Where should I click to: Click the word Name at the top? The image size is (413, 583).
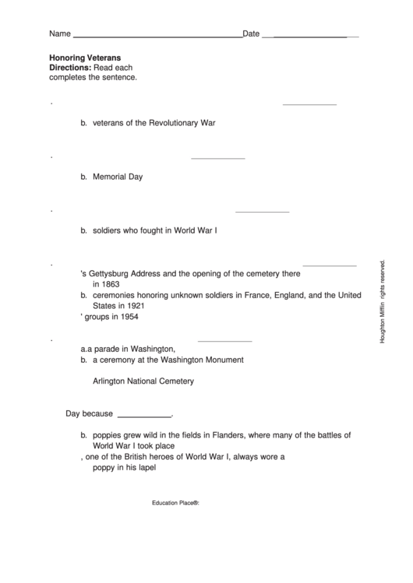coord(59,34)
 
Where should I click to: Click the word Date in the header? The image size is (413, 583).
coord(251,34)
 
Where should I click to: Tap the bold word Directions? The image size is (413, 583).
coord(70,68)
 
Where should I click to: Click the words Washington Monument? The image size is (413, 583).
coord(206,360)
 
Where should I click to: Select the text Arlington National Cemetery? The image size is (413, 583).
coord(143,381)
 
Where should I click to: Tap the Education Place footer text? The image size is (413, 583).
coord(176,504)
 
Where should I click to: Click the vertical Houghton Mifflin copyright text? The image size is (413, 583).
coord(383,301)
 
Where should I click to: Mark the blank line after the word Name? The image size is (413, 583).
coord(157,37)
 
